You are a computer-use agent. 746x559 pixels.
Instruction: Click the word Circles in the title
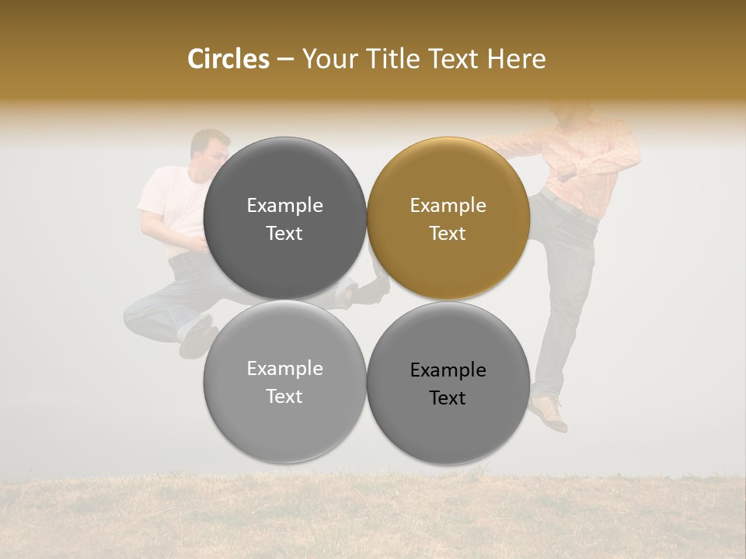(x=228, y=59)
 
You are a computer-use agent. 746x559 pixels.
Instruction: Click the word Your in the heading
(x=326, y=59)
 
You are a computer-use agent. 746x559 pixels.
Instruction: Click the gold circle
(x=448, y=219)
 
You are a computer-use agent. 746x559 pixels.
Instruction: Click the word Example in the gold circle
(x=448, y=206)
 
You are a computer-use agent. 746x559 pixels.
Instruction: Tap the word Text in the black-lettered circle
(x=448, y=398)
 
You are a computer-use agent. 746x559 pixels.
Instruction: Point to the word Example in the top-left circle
(x=284, y=206)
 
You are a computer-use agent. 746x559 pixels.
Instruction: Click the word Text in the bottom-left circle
(x=284, y=396)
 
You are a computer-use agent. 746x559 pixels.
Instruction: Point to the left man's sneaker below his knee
(x=197, y=335)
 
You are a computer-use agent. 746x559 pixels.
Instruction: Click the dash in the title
(x=285, y=59)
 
